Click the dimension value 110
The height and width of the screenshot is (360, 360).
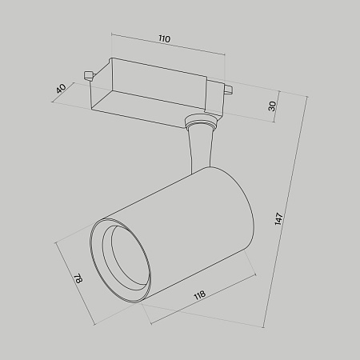(164, 38)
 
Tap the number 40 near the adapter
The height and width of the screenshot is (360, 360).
(61, 90)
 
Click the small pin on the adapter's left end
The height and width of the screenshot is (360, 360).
(89, 77)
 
